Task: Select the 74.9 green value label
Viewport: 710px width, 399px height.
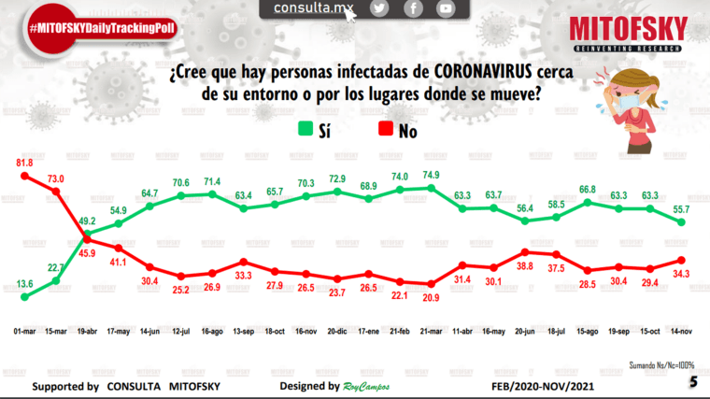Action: click(432, 175)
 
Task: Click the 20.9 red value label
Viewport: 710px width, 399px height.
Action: click(432, 296)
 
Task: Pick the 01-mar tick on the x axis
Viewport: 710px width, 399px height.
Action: click(25, 331)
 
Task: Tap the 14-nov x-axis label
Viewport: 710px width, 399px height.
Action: click(681, 331)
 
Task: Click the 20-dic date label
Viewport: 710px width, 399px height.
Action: click(338, 331)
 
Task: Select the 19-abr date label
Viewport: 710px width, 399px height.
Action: click(89, 331)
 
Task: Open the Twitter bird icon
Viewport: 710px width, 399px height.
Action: click(378, 8)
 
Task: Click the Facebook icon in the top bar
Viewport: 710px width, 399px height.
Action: click(412, 8)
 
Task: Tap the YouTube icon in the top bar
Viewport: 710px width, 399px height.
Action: click(446, 8)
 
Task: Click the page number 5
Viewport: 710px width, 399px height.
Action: click(692, 382)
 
